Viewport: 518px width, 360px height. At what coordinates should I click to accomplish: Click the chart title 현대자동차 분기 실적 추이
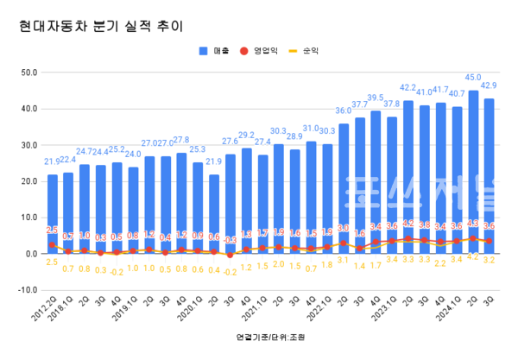101,26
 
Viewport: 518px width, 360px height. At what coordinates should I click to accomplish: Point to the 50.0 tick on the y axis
27,73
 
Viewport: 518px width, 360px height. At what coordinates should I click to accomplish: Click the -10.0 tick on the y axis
25,290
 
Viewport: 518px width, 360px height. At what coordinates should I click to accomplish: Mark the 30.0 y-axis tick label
27,146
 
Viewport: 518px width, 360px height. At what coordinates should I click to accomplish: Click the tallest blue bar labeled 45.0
473,173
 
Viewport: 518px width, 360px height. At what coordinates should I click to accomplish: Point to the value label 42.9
489,85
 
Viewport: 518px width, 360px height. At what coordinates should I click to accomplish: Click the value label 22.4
68,160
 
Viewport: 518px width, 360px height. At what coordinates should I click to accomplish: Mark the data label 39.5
376,98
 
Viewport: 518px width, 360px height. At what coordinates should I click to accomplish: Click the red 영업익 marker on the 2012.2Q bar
53,244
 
